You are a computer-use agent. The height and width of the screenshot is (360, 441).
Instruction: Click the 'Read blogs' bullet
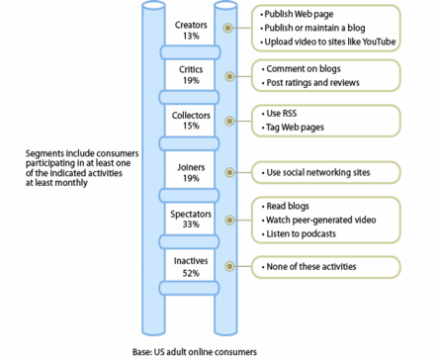[x=288, y=206]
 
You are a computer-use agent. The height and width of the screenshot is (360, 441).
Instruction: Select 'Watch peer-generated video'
[x=318, y=220]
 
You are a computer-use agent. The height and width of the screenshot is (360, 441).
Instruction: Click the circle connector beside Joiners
[x=230, y=172]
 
